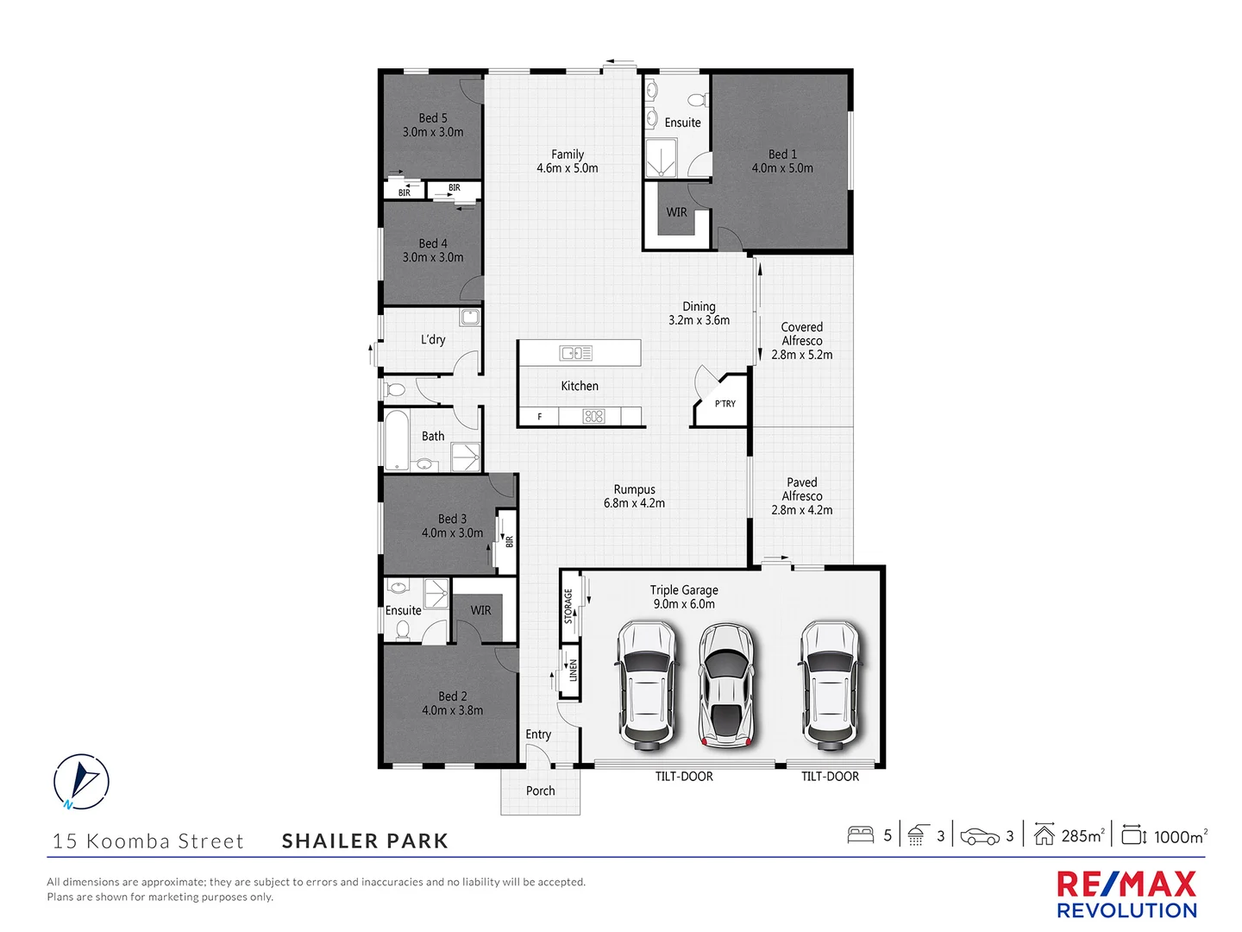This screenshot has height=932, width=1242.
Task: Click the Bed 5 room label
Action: point(433,118)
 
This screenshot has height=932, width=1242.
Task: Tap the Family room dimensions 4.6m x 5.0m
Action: point(567,168)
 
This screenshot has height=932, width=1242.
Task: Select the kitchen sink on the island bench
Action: point(575,352)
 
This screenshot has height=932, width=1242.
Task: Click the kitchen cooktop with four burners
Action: point(593,417)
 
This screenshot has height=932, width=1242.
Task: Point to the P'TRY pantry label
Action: point(725,404)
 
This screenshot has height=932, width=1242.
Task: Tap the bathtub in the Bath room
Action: point(397,440)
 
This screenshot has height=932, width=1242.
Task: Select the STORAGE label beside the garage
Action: point(568,606)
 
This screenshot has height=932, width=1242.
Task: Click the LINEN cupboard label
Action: point(573,671)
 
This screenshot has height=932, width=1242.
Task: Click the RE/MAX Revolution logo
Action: point(1126,895)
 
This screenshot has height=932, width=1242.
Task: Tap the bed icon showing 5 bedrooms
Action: point(861,835)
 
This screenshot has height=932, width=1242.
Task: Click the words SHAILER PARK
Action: point(365,841)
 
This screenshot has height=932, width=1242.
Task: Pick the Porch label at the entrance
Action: point(541,790)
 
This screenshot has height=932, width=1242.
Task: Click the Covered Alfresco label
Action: point(802,334)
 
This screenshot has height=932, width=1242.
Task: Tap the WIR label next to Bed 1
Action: point(677,212)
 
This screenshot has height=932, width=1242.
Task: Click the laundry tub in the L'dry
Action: point(469,318)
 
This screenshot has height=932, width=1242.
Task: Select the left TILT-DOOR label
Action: point(684,777)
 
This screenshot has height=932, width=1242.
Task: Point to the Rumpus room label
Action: point(635,489)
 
